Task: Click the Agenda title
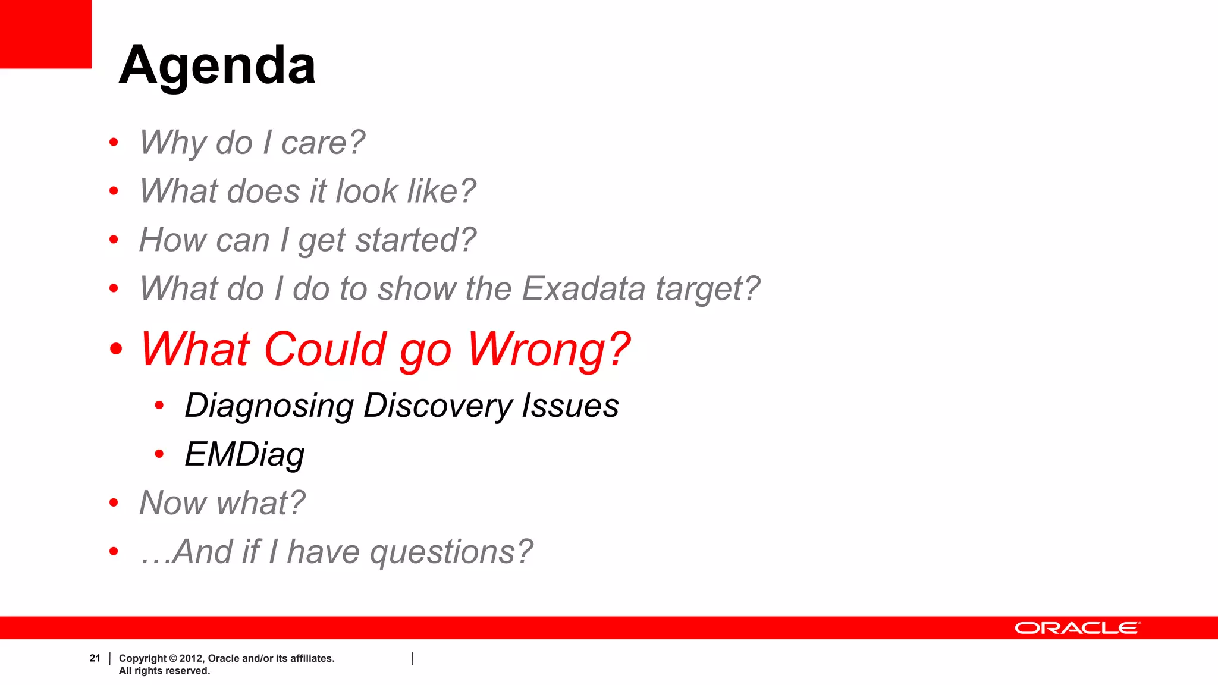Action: point(217,66)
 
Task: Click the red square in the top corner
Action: point(45,34)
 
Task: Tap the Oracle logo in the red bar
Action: point(1077,629)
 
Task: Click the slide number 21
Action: point(95,658)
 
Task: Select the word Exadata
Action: point(583,289)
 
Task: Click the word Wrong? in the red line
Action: point(548,350)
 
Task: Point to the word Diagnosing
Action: point(269,407)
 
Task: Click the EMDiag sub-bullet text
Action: point(244,455)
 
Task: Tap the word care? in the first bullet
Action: point(322,143)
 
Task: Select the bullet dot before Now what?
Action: point(114,503)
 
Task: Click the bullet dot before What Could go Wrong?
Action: point(116,349)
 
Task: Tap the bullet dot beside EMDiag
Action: point(159,454)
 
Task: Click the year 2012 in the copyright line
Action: point(191,658)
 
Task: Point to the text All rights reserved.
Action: point(164,671)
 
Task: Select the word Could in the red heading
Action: point(325,350)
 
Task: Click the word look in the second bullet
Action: point(366,192)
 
